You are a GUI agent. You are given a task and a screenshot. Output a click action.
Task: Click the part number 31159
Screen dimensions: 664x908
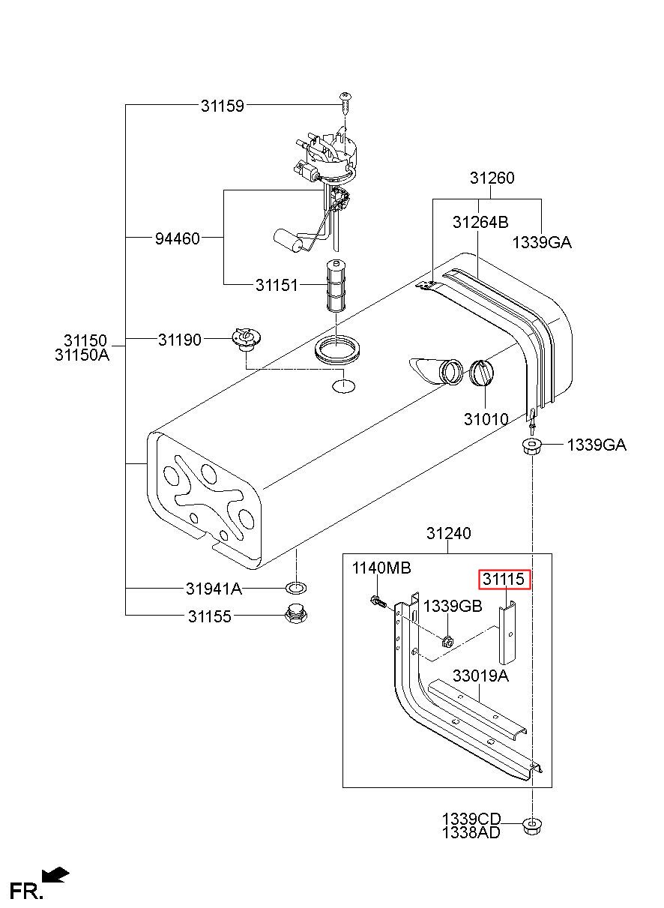223,106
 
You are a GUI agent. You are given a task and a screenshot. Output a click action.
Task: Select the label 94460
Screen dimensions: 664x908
178,238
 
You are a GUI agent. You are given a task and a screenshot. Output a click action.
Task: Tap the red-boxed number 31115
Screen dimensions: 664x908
504,580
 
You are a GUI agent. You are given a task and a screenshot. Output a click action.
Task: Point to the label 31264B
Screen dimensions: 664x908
480,222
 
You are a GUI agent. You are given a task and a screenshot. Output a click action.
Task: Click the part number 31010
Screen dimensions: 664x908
486,420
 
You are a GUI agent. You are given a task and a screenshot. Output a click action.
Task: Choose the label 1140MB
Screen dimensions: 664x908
381,568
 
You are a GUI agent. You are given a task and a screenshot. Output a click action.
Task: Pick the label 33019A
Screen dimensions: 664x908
480,676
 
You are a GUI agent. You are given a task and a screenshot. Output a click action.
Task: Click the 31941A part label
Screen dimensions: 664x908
214,589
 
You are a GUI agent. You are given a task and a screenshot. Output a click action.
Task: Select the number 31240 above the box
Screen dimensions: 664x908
448,533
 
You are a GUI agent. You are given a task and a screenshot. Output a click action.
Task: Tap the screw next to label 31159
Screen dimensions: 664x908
345,103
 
